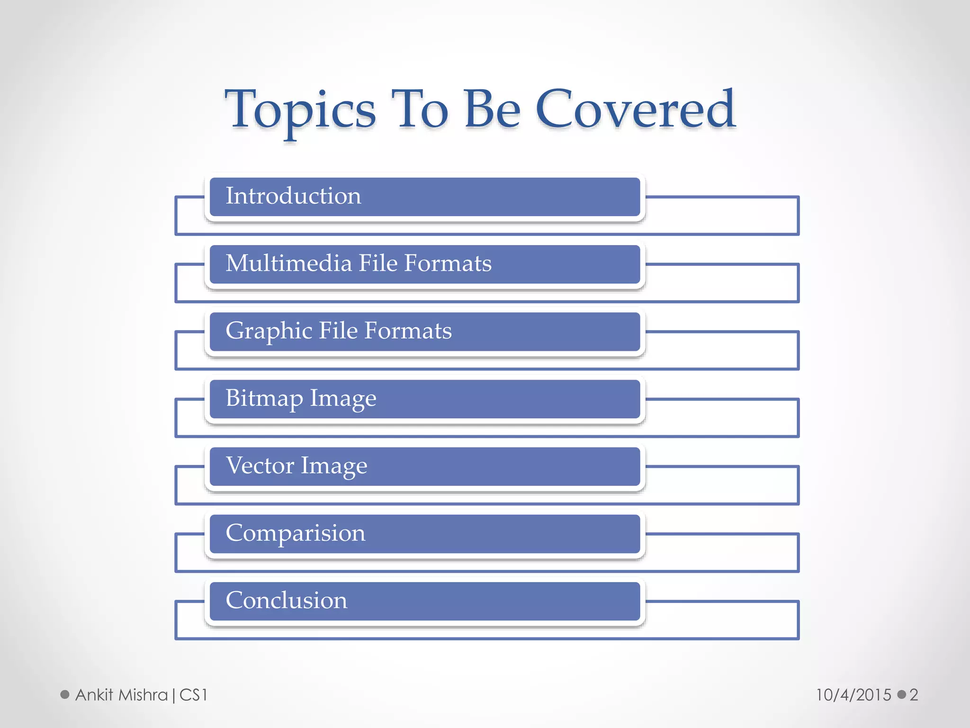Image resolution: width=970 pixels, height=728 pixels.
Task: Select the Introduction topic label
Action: (x=293, y=196)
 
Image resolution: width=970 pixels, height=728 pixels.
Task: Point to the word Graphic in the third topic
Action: (x=269, y=331)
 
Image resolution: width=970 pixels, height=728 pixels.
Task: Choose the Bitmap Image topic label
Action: (x=301, y=398)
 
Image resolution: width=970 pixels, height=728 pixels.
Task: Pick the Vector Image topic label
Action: (x=296, y=465)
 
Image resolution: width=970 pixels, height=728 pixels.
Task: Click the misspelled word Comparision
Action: (x=296, y=533)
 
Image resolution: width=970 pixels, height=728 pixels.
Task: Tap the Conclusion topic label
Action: (x=286, y=600)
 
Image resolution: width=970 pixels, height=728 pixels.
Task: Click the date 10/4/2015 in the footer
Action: (x=853, y=695)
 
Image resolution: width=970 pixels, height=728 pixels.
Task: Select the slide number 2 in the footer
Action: (x=914, y=695)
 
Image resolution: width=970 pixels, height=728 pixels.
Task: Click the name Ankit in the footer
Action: (x=94, y=695)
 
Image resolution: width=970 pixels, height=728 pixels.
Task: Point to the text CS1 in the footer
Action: (x=194, y=695)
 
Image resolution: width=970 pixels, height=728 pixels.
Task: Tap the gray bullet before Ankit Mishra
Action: (x=65, y=695)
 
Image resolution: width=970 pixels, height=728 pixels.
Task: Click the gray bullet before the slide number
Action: (x=902, y=695)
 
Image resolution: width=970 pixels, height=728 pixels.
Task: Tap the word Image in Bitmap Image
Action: (x=343, y=398)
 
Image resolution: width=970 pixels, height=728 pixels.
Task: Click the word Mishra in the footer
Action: (x=143, y=695)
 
